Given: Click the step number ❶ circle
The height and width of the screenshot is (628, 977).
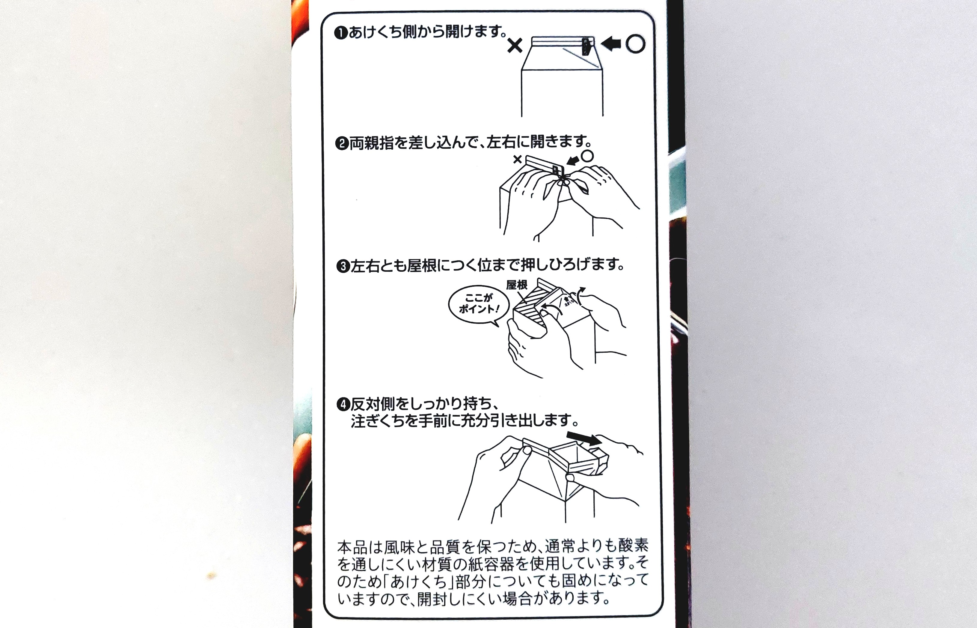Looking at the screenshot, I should (341, 33).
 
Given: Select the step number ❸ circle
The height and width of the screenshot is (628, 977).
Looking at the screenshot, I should (343, 267).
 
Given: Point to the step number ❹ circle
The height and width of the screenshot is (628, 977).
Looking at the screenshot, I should (343, 405).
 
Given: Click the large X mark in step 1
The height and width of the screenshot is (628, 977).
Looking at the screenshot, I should (515, 46).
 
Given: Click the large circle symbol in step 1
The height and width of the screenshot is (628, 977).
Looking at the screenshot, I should (635, 44).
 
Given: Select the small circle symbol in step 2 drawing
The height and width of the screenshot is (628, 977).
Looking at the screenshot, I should (587, 155).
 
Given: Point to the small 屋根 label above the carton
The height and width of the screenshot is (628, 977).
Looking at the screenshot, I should (517, 285).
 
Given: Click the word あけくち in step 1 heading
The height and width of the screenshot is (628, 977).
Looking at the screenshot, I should (375, 32).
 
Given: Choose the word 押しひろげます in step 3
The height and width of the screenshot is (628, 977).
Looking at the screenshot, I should (572, 265).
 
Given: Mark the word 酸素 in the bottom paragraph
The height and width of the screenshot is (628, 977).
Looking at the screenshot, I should (633, 546).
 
